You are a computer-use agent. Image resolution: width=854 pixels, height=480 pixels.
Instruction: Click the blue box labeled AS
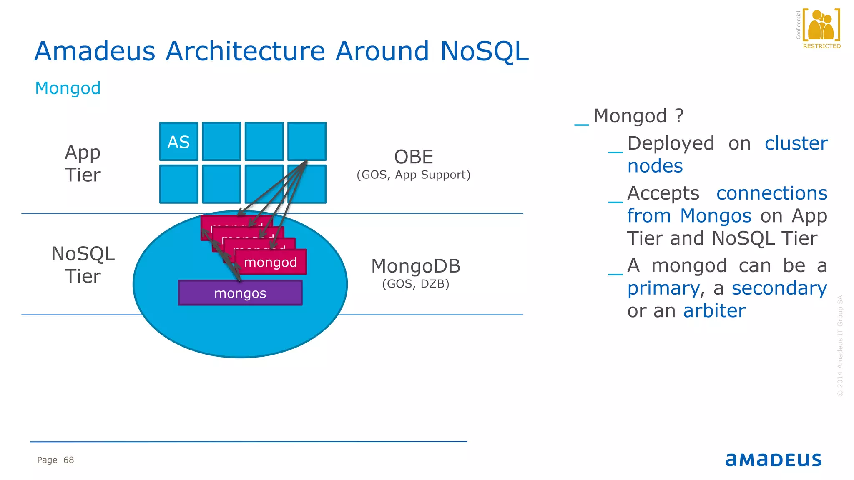point(178,142)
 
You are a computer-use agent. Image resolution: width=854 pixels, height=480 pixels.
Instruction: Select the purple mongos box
point(240,293)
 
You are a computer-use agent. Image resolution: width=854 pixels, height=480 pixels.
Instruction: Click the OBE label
point(414,157)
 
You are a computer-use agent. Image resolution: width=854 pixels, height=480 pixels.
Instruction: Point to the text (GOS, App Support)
point(413,175)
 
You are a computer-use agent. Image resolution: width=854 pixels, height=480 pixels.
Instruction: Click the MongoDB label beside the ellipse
point(416,266)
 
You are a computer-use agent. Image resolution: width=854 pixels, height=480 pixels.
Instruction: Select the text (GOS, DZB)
point(416,284)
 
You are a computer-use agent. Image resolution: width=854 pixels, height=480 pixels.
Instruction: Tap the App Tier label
point(83,163)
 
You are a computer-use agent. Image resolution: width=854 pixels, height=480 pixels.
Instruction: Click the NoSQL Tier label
point(83,265)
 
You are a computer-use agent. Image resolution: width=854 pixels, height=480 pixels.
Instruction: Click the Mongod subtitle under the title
point(68,88)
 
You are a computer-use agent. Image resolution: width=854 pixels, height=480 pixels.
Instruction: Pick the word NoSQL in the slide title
point(484,51)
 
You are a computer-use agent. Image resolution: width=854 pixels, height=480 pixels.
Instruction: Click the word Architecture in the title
point(245,51)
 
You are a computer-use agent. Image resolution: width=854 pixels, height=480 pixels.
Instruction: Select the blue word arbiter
point(714,311)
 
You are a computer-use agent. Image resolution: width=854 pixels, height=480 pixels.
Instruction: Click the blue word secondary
point(779,288)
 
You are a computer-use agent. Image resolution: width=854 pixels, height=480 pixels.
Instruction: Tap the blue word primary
point(663,288)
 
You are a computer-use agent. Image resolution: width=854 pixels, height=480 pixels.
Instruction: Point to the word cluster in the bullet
point(796,143)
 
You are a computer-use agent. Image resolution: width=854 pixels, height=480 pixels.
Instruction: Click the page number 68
point(68,460)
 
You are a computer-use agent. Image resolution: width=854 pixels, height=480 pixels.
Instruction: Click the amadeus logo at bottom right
point(773,460)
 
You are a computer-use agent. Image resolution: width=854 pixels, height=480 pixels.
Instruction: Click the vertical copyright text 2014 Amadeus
point(840,346)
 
